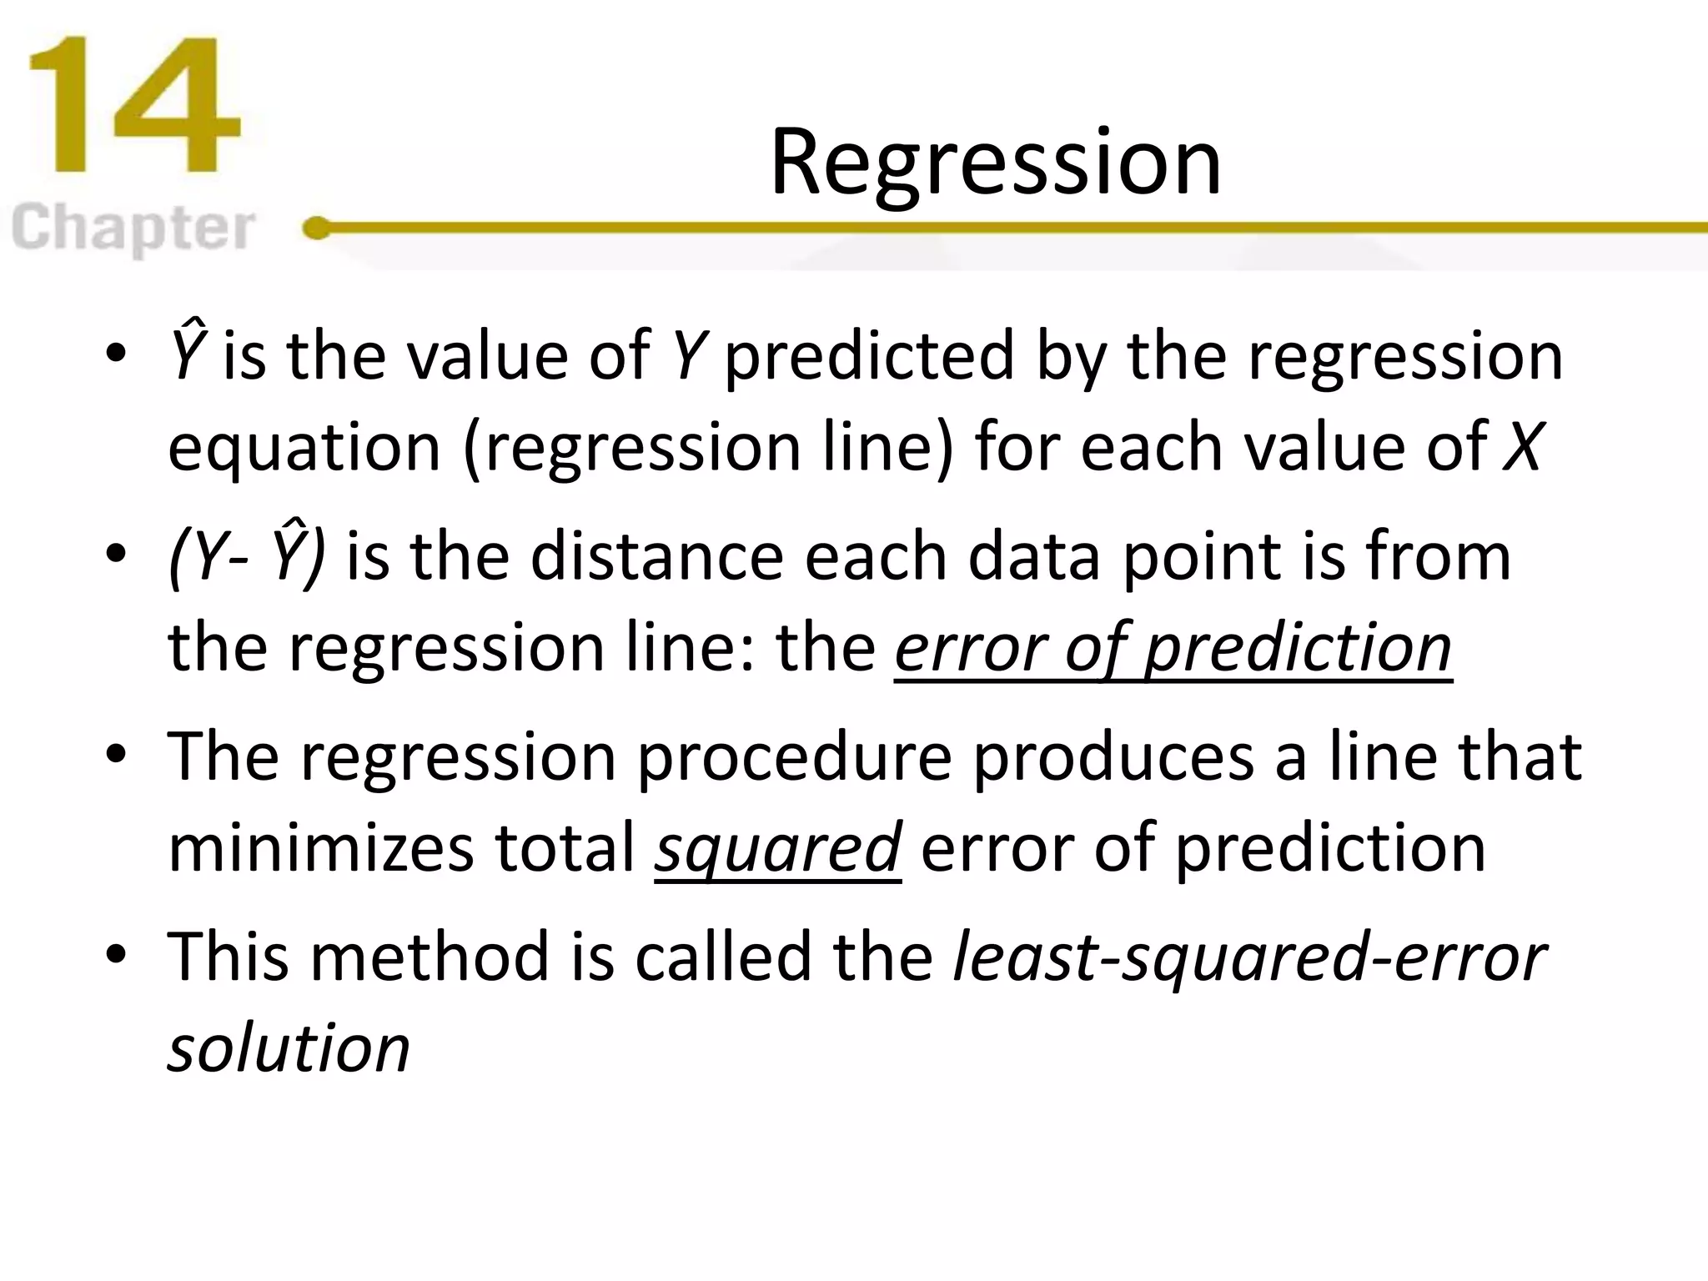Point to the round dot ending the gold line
tap(317, 228)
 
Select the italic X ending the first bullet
tap(1523, 447)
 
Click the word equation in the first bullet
tap(304, 449)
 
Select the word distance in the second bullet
tap(657, 556)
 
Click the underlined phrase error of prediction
tap(1173, 648)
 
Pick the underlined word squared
tap(777, 848)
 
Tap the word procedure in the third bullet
tap(794, 757)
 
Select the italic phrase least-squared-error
tap(1249, 957)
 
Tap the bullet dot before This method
tap(116, 953)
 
